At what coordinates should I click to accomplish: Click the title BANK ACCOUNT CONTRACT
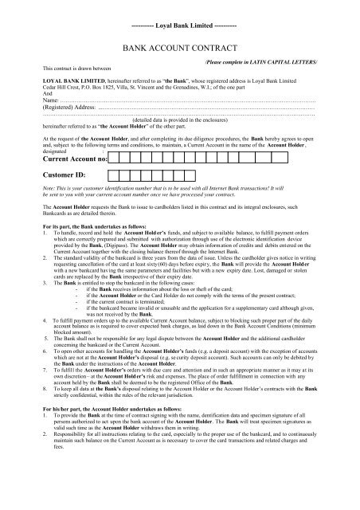coord(182,49)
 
